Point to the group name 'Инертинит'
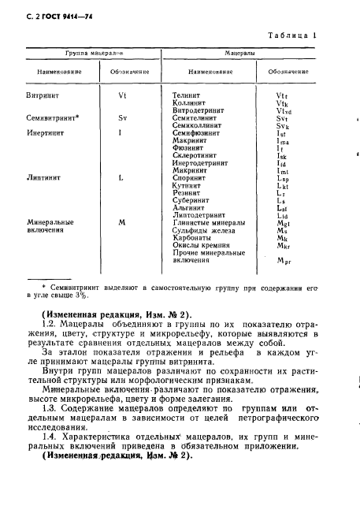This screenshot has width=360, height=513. [x=44, y=132]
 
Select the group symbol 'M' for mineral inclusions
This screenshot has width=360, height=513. [x=122, y=221]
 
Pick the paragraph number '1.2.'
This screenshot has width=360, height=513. [x=47, y=322]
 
